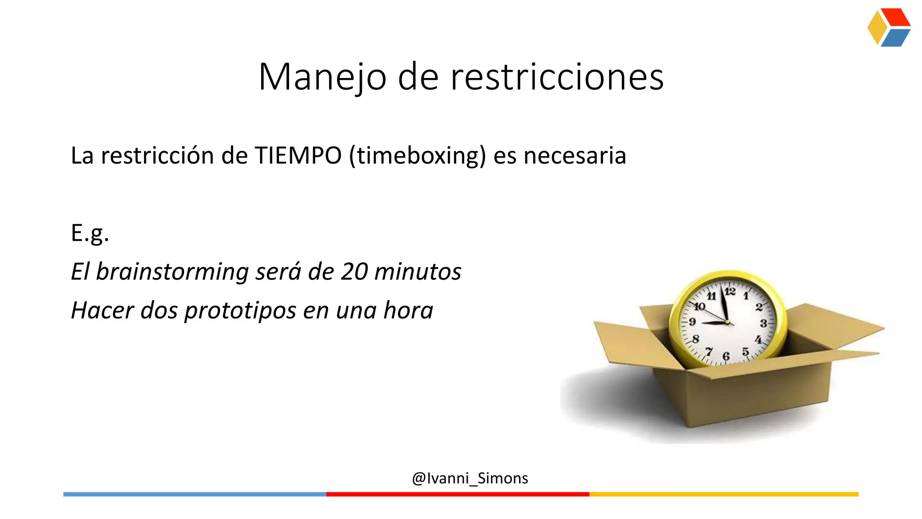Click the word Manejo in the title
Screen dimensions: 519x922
pos(322,77)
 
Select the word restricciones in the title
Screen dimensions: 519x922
pos(557,77)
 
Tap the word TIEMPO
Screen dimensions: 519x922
pos(298,156)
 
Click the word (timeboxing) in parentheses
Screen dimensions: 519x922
pos(418,156)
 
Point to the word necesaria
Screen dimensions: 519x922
pos(575,156)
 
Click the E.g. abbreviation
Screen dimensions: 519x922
pos(90,233)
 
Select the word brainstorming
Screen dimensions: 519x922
pos(172,272)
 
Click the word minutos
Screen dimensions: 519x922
pos(418,272)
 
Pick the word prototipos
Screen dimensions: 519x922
pos(240,310)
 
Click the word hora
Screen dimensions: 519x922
pos(408,310)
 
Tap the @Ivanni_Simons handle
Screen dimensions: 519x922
pos(470,478)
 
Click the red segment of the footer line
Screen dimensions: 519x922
pos(457,494)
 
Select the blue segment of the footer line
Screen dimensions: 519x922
pos(194,494)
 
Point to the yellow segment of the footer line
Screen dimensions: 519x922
pos(723,494)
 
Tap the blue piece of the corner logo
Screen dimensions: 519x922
pos(895,38)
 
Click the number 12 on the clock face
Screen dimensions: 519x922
pos(730,291)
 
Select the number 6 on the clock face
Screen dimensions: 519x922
pos(726,356)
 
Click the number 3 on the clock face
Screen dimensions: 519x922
pos(764,323)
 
